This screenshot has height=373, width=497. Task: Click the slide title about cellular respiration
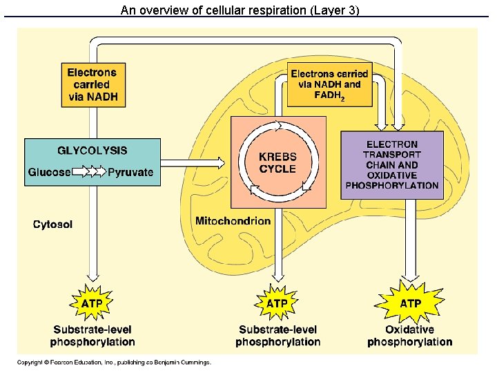pyautogui.click(x=240, y=10)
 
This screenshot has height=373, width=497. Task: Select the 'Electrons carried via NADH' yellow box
pyautogui.click(x=92, y=85)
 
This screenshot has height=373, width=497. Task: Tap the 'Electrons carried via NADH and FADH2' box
pyautogui.click(x=329, y=85)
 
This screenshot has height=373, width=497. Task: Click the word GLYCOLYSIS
pyautogui.click(x=92, y=151)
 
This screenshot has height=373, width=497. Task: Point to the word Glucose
pyautogui.click(x=49, y=172)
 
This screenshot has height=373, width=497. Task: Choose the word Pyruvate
pyautogui.click(x=130, y=172)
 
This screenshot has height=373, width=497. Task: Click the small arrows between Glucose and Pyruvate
pyautogui.click(x=88, y=172)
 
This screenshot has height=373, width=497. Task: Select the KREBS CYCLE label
pyautogui.click(x=277, y=163)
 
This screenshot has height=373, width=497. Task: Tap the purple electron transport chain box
pyautogui.click(x=392, y=165)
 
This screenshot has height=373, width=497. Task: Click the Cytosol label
pyautogui.click(x=52, y=224)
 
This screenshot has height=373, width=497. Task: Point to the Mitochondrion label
pyautogui.click(x=233, y=221)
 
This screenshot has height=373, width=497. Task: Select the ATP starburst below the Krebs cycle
pyautogui.click(x=277, y=303)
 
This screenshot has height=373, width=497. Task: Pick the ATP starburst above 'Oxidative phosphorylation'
pyautogui.click(x=410, y=303)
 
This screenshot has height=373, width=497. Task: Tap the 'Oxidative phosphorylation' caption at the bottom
pyautogui.click(x=410, y=336)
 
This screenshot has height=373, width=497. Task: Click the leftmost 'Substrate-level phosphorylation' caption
pyautogui.click(x=92, y=336)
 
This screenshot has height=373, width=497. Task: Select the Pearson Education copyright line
pyautogui.click(x=115, y=362)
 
